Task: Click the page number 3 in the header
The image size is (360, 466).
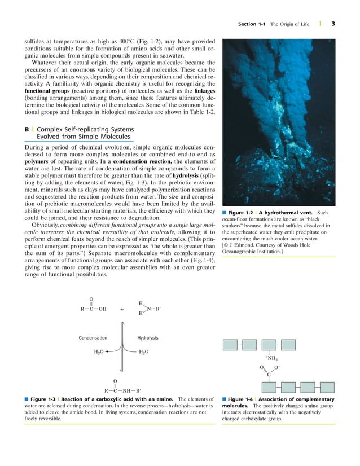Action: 334,24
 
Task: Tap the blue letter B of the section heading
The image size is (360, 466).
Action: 27,129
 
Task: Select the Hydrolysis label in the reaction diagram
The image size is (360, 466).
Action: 148,338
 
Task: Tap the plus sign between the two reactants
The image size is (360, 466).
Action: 122,309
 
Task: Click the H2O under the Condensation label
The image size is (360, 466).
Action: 99,350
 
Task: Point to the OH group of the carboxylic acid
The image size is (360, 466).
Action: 102,309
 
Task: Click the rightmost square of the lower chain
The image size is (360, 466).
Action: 322,386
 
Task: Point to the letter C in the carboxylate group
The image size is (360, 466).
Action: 269,373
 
